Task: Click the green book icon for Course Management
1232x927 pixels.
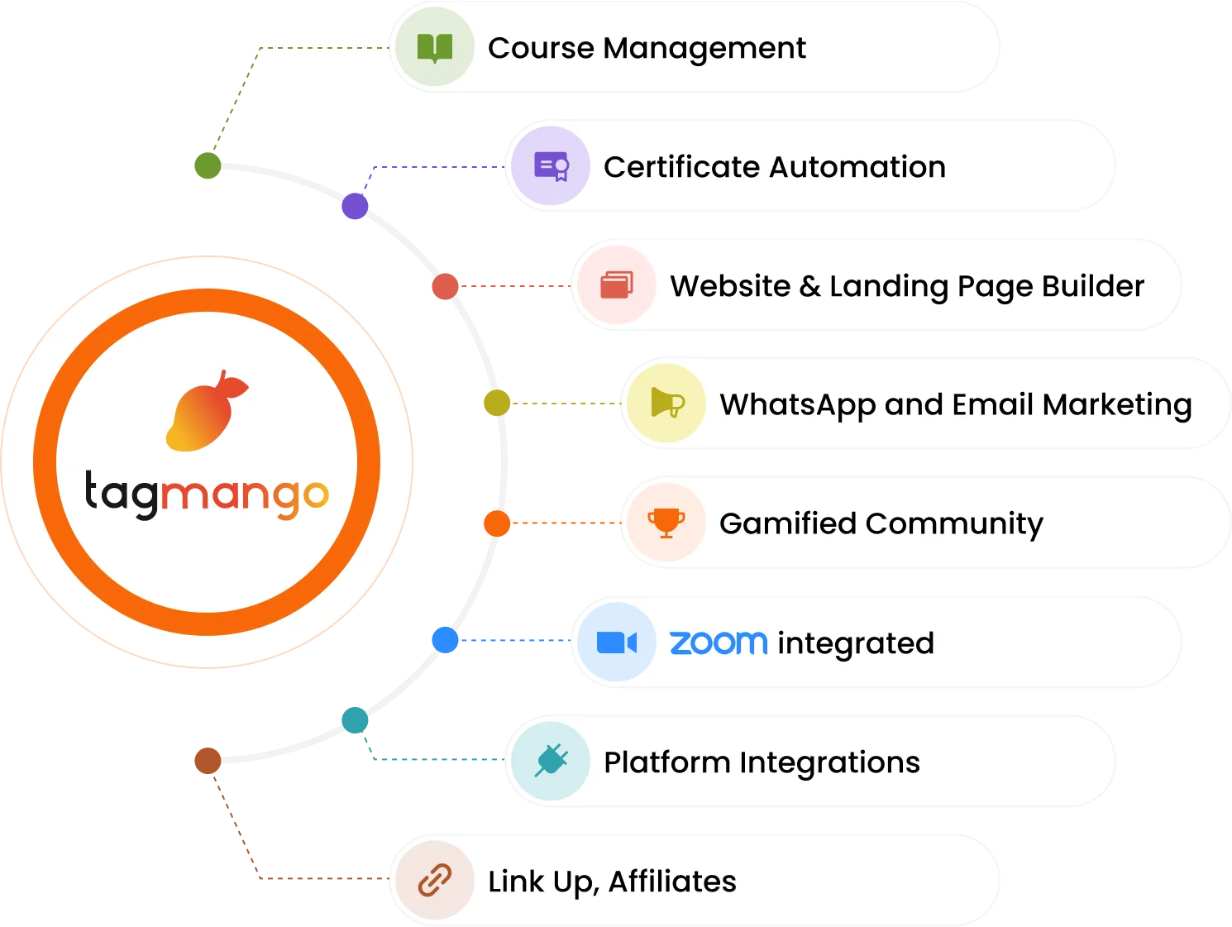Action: coord(435,48)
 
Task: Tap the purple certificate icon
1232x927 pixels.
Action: coord(551,166)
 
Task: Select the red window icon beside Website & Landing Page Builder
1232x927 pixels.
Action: coord(617,285)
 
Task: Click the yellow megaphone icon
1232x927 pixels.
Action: coord(666,404)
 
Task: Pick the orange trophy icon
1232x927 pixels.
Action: coord(666,523)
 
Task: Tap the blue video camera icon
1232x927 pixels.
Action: coord(617,643)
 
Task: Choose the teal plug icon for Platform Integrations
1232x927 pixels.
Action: coord(551,761)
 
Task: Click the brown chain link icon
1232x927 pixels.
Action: coord(435,881)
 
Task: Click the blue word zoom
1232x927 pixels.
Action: coord(719,643)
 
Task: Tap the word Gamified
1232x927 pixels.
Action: coord(787,523)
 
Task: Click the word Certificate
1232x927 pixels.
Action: coord(681,167)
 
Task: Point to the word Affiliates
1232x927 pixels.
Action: coord(672,882)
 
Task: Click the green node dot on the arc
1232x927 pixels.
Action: coord(208,165)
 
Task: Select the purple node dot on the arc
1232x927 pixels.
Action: coord(354,206)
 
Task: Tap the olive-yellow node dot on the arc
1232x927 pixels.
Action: coord(496,404)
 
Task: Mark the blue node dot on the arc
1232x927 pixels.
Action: coord(445,639)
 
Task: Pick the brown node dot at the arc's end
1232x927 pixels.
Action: coord(207,760)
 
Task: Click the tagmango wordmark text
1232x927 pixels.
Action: coord(207,495)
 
